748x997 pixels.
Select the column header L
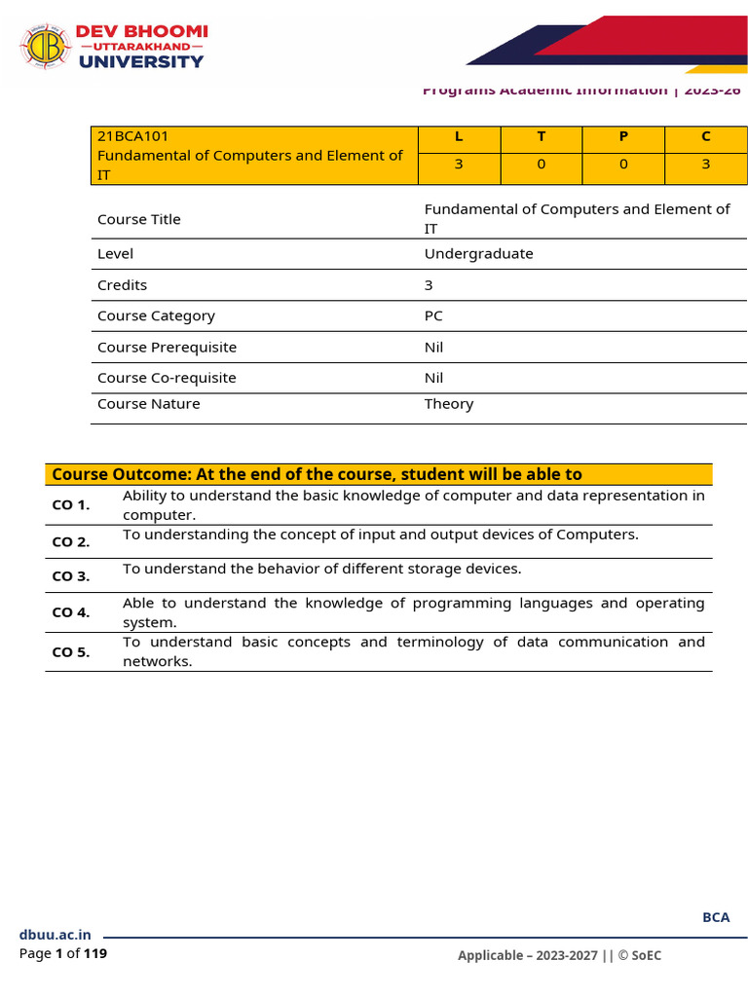pos(459,136)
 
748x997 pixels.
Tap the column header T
pos(542,136)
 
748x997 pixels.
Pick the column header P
pos(623,136)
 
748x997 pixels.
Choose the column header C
pos(706,136)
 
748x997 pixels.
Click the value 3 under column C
pos(706,165)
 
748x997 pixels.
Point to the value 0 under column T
pos(542,165)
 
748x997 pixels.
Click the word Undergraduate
pos(478,253)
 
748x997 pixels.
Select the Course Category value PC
pos(433,315)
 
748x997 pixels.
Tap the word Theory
pos(449,404)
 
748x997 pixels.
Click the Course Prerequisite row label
pos(167,348)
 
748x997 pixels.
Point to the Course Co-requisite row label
pos(167,378)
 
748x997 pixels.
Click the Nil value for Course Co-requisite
pos(433,378)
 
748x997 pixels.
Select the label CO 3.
pos(70,575)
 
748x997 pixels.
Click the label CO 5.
pos(70,652)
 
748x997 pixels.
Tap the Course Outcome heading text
pos(317,474)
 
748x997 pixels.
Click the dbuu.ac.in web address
pos(55,935)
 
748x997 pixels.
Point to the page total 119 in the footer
pos(95,954)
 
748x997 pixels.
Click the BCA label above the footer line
pos(716,917)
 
